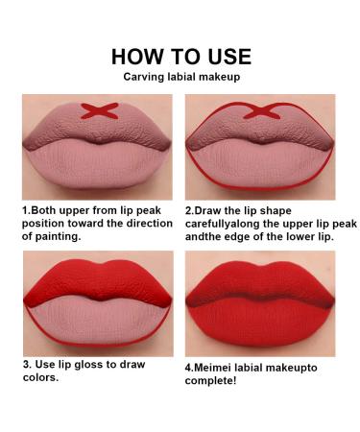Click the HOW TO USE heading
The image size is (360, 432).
point(181,56)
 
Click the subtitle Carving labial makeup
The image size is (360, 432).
point(181,77)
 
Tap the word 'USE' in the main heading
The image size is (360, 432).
point(225,56)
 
